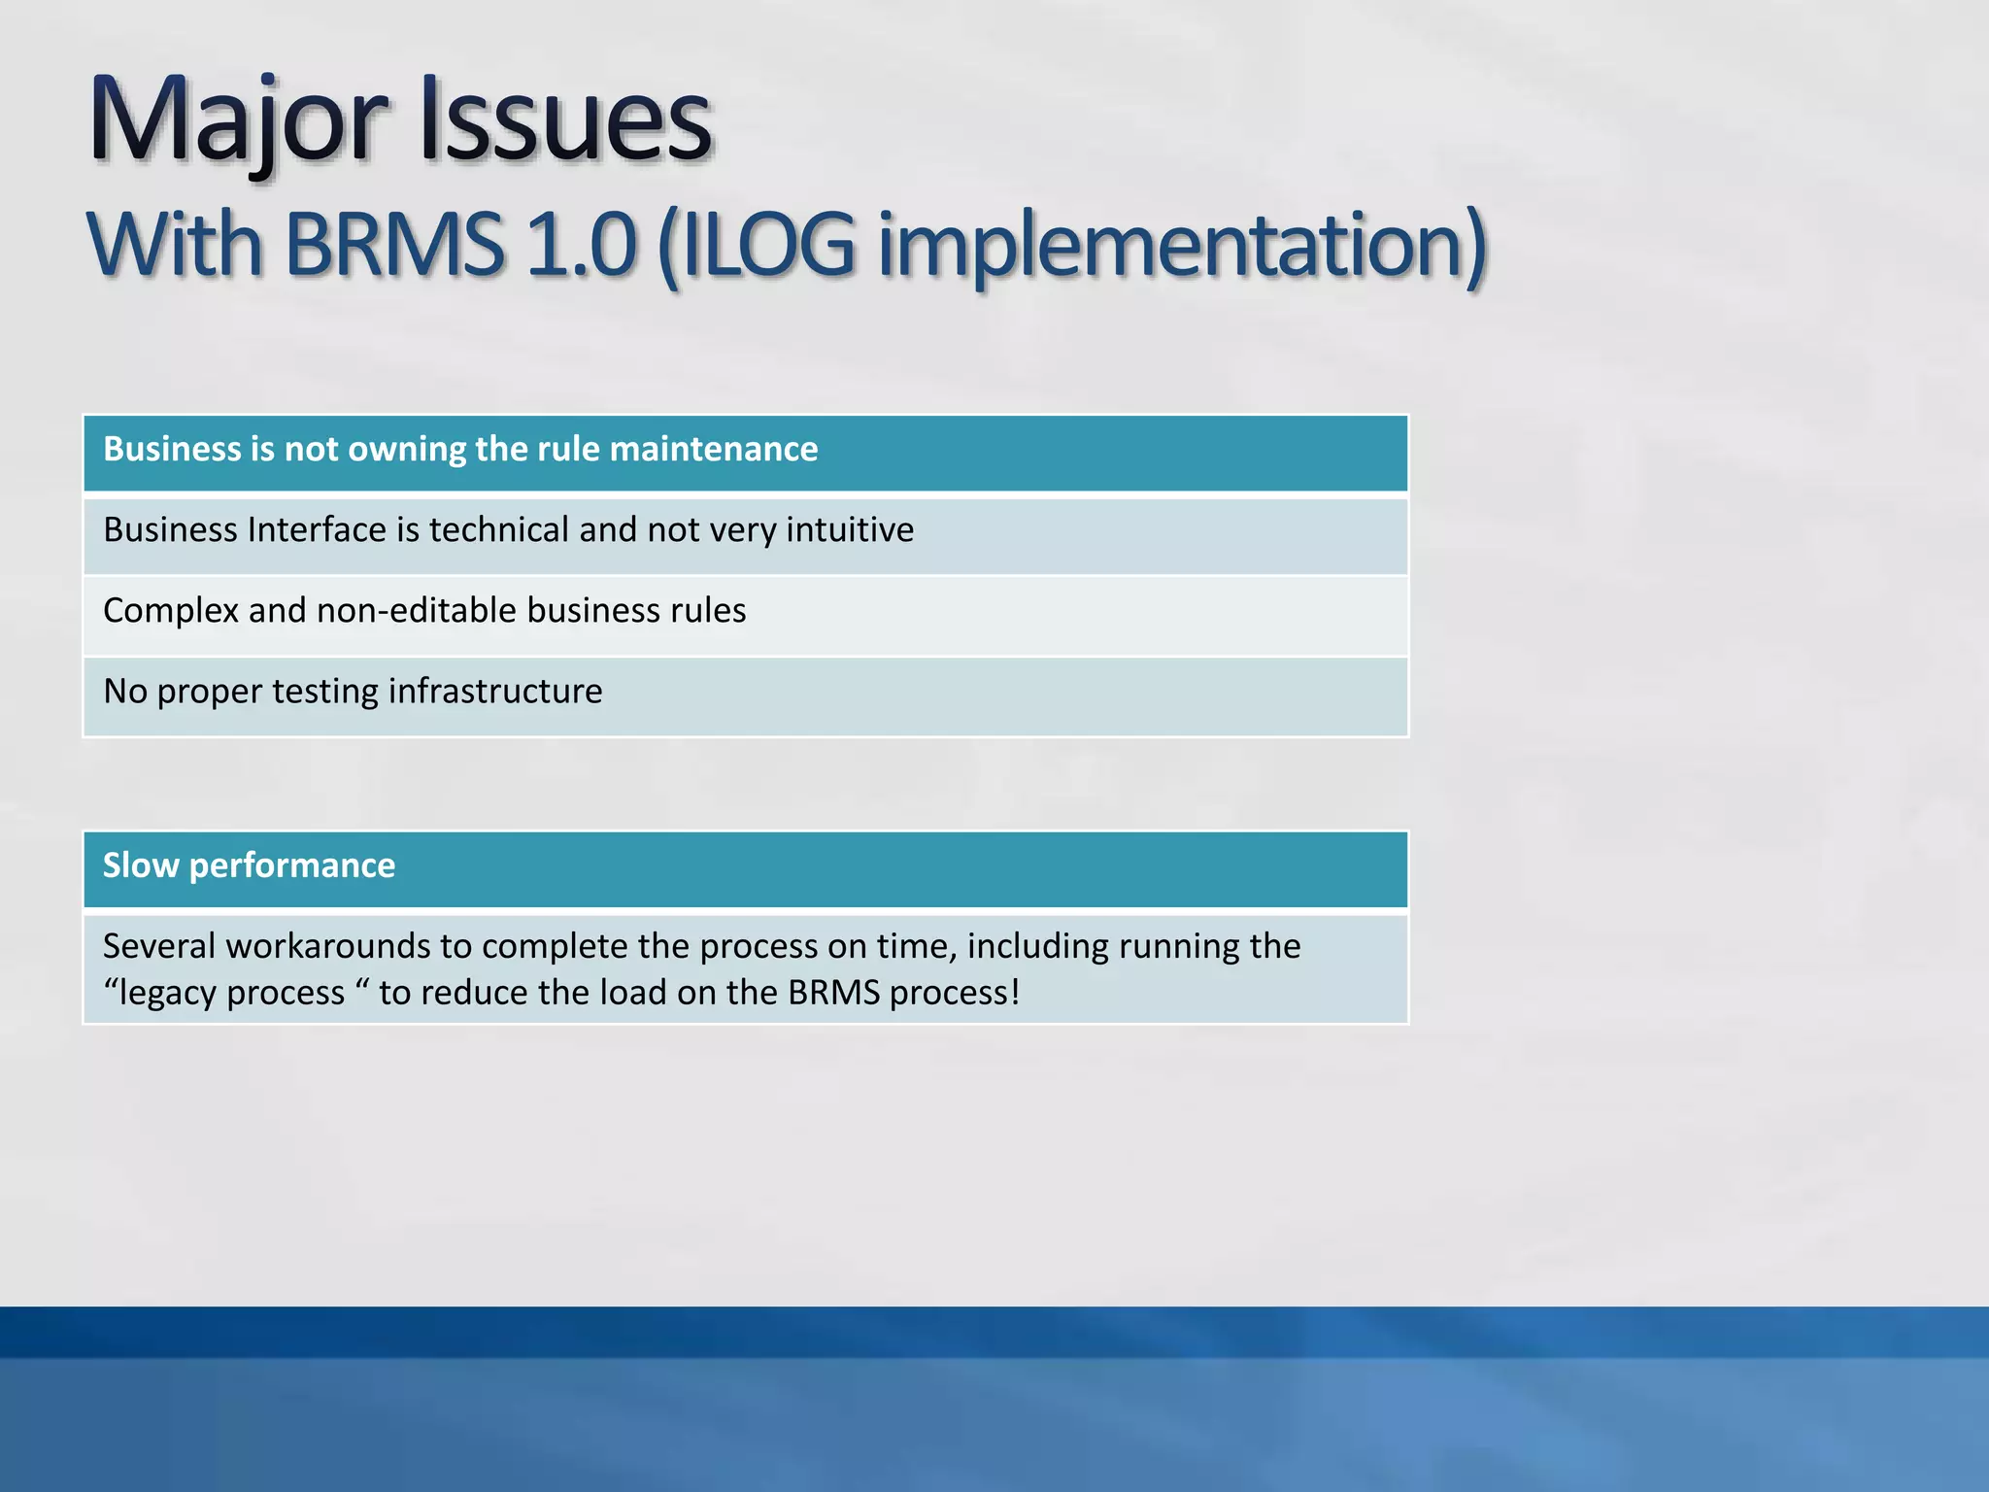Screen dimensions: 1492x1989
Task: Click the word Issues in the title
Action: [x=566, y=121]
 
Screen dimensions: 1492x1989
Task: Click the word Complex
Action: [x=171, y=611]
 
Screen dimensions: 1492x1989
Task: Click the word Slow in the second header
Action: [x=141, y=865]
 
